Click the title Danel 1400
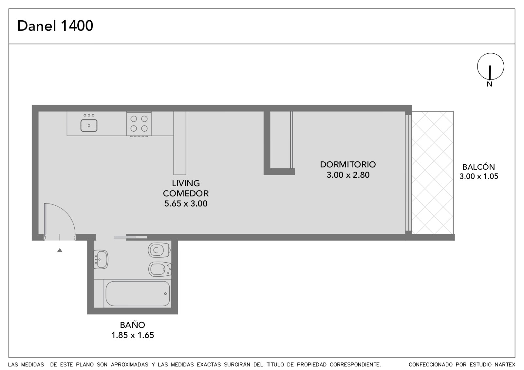[x=55, y=26]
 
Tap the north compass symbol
[x=491, y=66]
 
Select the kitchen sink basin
[x=89, y=126]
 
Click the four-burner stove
[x=139, y=124]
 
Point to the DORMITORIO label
[x=348, y=164]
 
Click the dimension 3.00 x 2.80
[x=348, y=175]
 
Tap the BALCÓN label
[x=478, y=167]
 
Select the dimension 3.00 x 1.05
[x=478, y=176]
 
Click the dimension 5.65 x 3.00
[x=186, y=204]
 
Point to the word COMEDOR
[x=186, y=194]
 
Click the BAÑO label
[x=132, y=324]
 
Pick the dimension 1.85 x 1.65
[x=133, y=335]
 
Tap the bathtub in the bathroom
[x=138, y=293]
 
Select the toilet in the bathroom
[x=159, y=250]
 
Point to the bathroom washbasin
[x=101, y=259]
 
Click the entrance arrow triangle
[x=60, y=250]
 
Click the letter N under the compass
[x=490, y=84]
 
